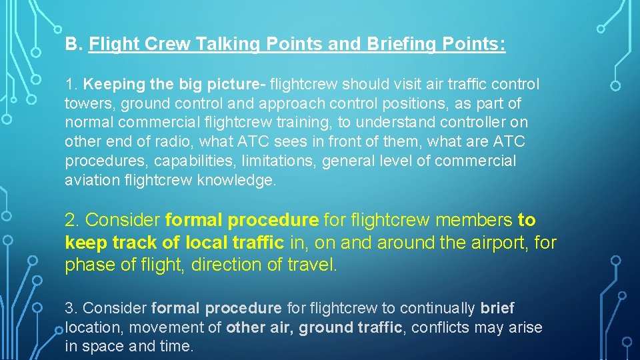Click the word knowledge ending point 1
point(237,180)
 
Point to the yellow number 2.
point(73,220)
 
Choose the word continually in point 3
point(437,309)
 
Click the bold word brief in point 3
point(497,309)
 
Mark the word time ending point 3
point(178,347)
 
